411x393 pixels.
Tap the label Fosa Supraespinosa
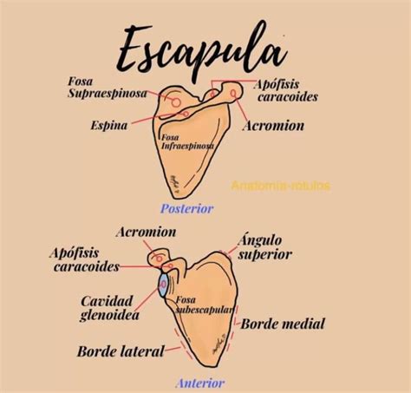point(108,88)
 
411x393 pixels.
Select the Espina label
point(109,126)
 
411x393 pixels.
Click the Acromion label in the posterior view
point(273,126)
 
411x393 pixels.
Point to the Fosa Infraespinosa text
point(187,141)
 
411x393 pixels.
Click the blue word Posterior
point(187,208)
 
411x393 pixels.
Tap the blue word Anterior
point(200,383)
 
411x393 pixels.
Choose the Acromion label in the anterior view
point(146,232)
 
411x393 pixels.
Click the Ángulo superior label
point(264,248)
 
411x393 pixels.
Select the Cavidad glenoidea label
point(109,308)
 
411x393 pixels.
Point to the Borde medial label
point(283,324)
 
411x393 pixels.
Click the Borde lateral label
point(121,351)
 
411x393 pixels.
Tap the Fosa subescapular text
point(205,305)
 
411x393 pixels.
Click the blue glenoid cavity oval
point(163,285)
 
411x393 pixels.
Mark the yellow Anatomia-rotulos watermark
point(280,186)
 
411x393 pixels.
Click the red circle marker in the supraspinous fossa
point(176,102)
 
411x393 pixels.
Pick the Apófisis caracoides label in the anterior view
point(84,259)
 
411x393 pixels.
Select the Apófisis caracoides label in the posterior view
point(286,90)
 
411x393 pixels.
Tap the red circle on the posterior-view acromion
point(233,93)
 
